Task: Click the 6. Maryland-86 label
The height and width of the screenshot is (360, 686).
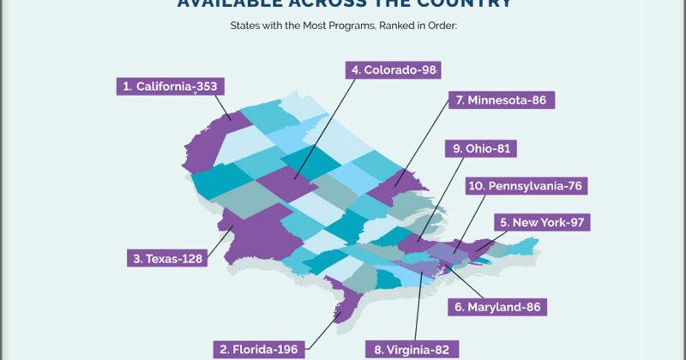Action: pyautogui.click(x=500, y=305)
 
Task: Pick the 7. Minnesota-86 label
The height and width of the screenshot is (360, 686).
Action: pyautogui.click(x=502, y=99)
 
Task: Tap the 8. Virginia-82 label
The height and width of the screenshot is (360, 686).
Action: pyautogui.click(x=412, y=349)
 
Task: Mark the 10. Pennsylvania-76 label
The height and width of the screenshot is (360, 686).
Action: pyautogui.click(x=527, y=185)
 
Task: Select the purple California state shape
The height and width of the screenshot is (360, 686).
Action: pyautogui.click(x=202, y=146)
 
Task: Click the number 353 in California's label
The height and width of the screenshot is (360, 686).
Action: pyautogui.click(x=204, y=86)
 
